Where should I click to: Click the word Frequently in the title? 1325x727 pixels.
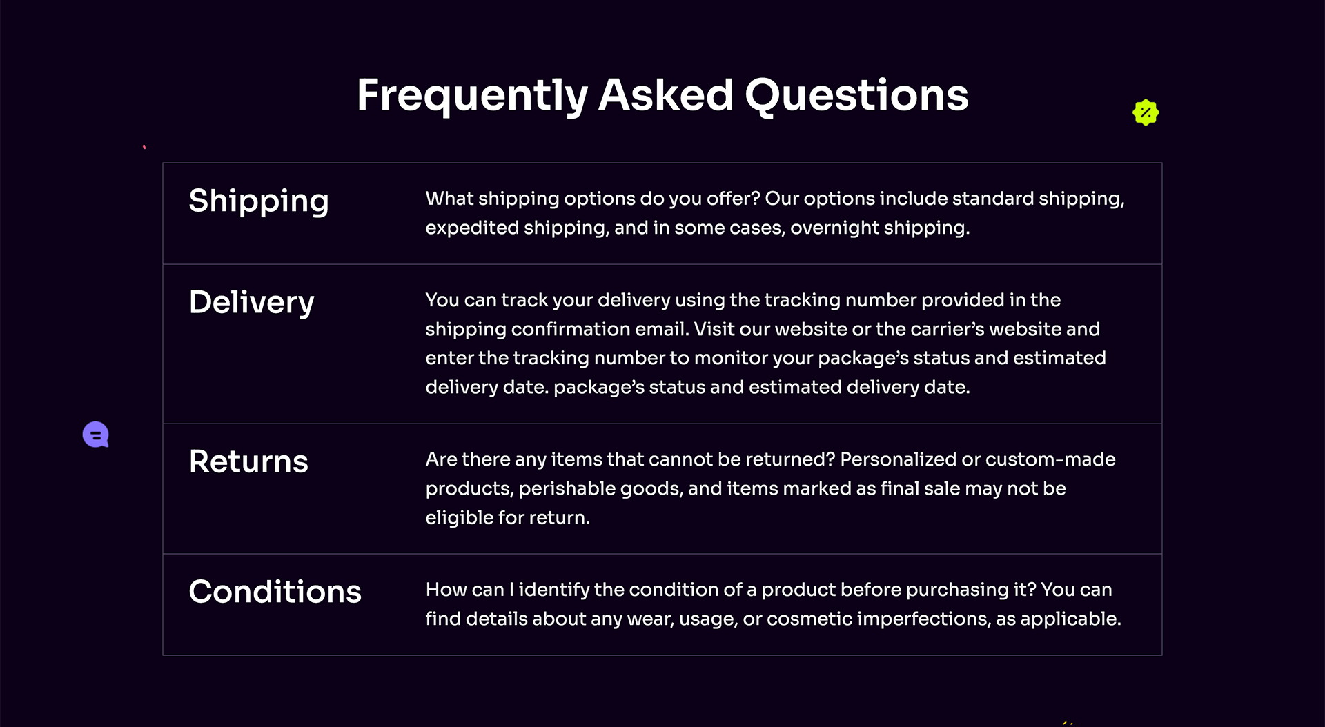coord(472,96)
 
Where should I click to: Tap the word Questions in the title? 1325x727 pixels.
coord(856,95)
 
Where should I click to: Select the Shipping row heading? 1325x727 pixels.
coord(259,201)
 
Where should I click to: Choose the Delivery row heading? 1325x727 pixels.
coord(252,303)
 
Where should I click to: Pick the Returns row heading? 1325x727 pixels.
coord(248,461)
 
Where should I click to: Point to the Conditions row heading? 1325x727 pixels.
coord(275,591)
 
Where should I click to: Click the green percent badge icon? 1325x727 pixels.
coord(1146,112)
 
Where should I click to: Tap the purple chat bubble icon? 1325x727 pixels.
coord(96,435)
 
